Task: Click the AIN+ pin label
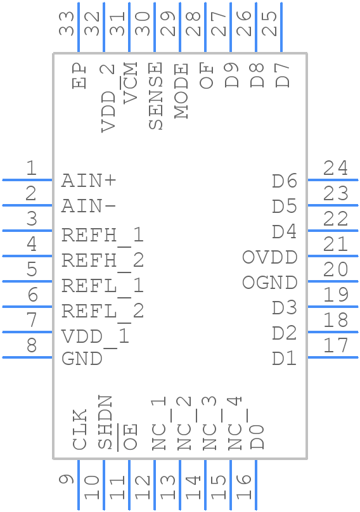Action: [89, 181]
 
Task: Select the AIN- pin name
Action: [89, 206]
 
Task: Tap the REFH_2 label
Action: [103, 260]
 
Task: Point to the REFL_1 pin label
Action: [103, 285]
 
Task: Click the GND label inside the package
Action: [82, 358]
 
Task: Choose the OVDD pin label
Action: [269, 257]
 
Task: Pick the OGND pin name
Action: [269, 283]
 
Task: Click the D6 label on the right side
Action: [285, 181]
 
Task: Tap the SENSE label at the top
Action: [155, 96]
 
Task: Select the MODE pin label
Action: [181, 91]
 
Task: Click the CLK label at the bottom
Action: [79, 430]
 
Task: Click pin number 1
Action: [30, 169]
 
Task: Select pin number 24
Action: [335, 169]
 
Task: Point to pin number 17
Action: [335, 346]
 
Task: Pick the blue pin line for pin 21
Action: [333, 256]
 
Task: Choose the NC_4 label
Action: [235, 423]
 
